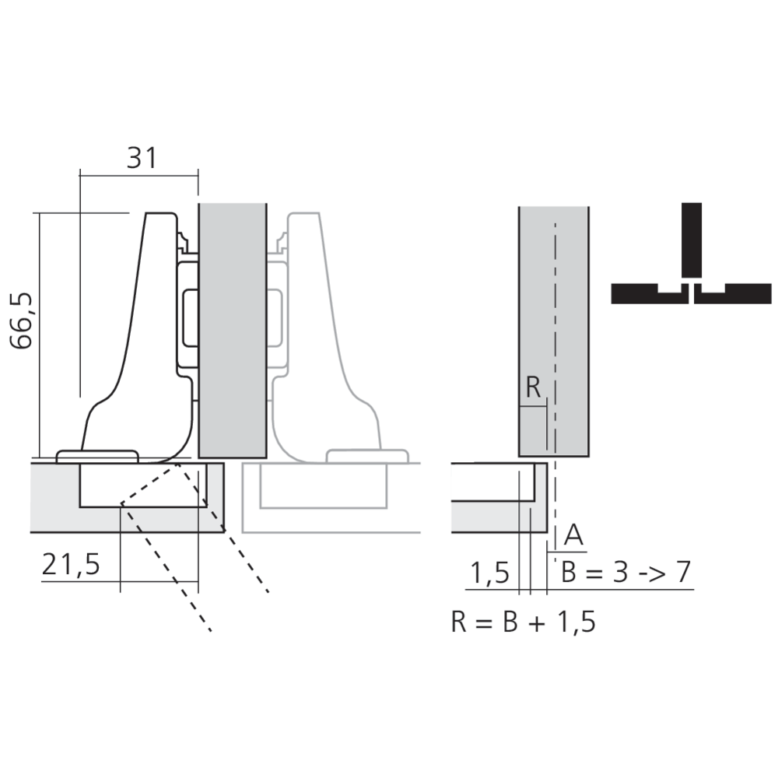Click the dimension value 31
click(141, 158)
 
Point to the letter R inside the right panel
click(533, 387)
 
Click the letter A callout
click(573, 535)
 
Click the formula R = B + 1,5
click(523, 622)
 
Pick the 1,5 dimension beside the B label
click(489, 573)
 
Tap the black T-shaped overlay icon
click(690, 265)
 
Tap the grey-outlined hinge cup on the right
click(323, 486)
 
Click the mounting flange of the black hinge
click(97, 456)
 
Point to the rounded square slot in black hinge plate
click(190, 317)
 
